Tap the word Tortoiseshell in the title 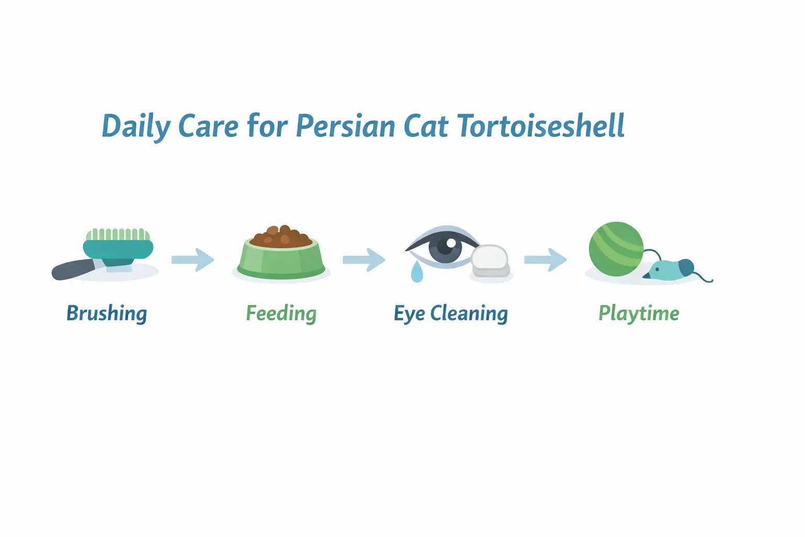click(541, 126)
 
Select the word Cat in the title click(426, 126)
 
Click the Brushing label click(106, 314)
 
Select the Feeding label click(281, 314)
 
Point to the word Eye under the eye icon click(409, 314)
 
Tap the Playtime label click(638, 314)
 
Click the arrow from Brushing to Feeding click(193, 260)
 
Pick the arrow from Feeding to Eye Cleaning click(364, 260)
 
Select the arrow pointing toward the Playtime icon click(545, 260)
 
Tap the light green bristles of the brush click(118, 234)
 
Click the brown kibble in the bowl click(281, 237)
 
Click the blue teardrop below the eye click(417, 273)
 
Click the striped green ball click(616, 249)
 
